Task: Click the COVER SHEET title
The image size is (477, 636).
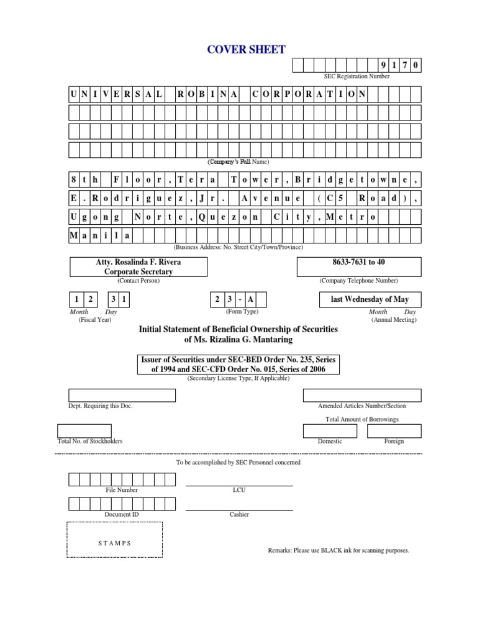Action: coord(238,50)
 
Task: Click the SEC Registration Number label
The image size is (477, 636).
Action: coord(357,76)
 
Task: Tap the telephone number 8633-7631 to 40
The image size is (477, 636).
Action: coord(358,262)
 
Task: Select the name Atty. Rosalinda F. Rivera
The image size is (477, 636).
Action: coord(129,262)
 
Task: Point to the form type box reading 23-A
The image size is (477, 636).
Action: coord(238,300)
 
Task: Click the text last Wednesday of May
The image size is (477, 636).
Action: coord(370,299)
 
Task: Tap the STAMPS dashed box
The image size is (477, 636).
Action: coord(114,543)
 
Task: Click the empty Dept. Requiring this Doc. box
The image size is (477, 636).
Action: coord(122,395)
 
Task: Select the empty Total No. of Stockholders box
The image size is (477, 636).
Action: coord(84,431)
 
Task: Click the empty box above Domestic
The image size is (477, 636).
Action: coord(330,431)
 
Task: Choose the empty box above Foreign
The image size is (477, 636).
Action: coord(394,431)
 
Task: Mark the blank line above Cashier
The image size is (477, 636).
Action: coord(239,509)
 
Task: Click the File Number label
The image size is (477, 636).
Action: coord(122,490)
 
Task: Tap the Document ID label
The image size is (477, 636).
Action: coord(122,514)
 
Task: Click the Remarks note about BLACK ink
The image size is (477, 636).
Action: coord(338,550)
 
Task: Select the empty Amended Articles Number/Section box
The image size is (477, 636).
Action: coord(362,395)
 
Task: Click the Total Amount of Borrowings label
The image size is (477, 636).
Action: coord(362,419)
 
